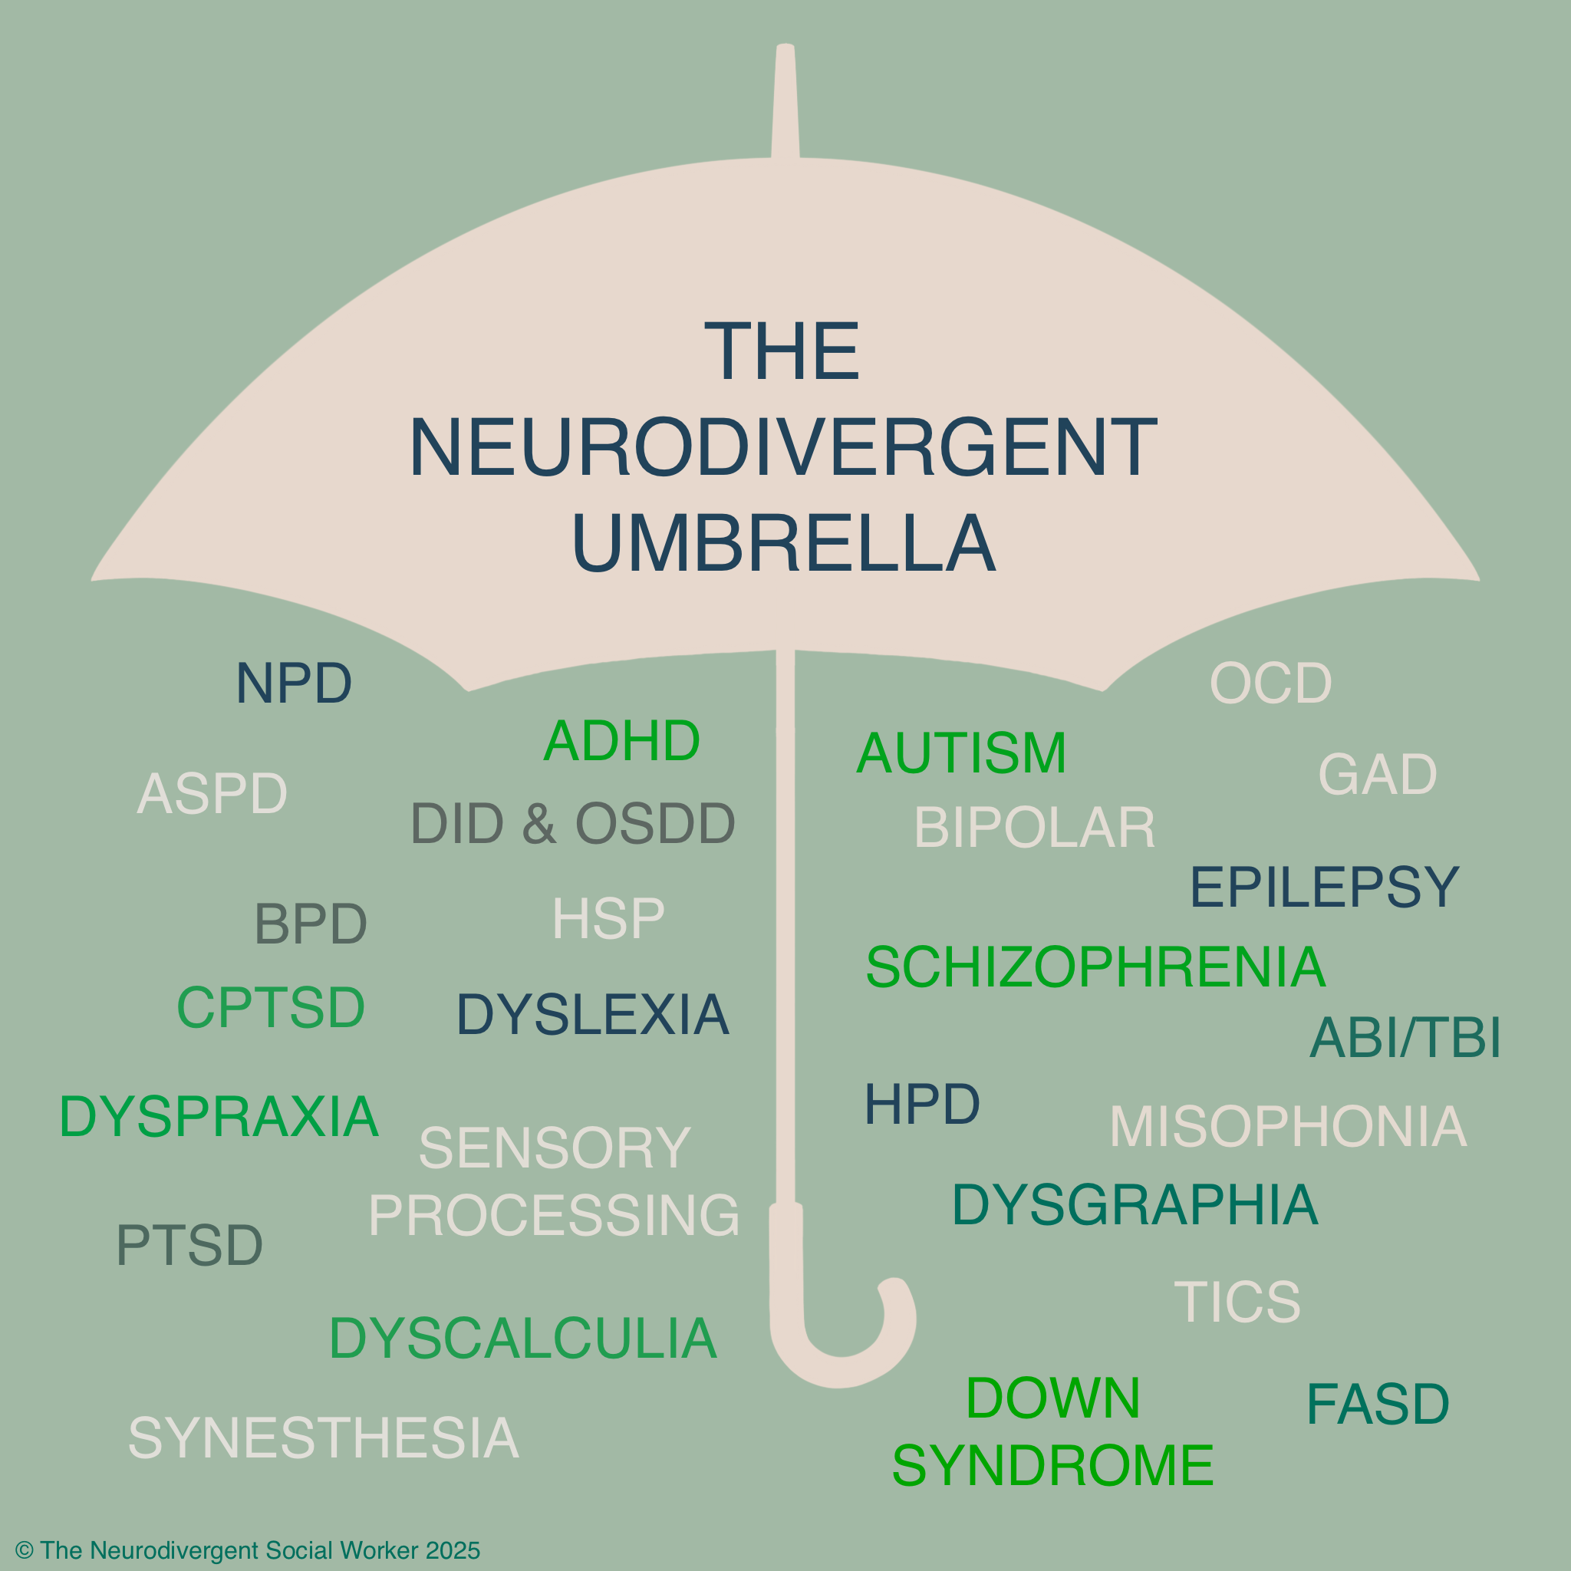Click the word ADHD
pos(621,741)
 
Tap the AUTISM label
pos(961,753)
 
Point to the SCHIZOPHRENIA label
pos(1095,967)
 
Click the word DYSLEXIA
pos(593,1015)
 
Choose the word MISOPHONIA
pos(1288,1126)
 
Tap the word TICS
pos(1237,1301)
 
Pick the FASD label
pos(1378,1405)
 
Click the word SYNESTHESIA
pos(324,1438)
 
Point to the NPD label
pos(294,683)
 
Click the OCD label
pos(1271,683)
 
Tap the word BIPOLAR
pos(1034,828)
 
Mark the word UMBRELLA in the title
pos(784,543)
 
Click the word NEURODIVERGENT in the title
pos(783,447)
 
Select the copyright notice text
pos(248,1550)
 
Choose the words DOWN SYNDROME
pos(1053,1432)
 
